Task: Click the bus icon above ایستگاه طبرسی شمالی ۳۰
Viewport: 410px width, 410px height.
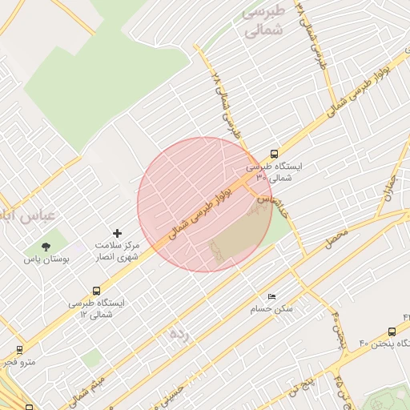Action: pyautogui.click(x=275, y=154)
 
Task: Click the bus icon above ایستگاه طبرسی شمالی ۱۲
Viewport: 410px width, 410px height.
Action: pyautogui.click(x=97, y=291)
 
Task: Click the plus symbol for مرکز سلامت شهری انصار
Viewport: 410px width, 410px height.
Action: pyautogui.click(x=118, y=233)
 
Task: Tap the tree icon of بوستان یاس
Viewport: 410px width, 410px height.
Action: pyautogui.click(x=45, y=245)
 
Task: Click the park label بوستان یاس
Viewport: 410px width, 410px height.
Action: pyautogui.click(x=45, y=259)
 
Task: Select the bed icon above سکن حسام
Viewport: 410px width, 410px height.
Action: pyautogui.click(x=271, y=295)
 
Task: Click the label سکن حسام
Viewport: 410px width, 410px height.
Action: pyautogui.click(x=272, y=308)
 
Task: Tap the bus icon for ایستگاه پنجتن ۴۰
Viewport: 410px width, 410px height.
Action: pyautogui.click(x=392, y=331)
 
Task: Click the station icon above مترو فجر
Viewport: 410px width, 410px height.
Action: pyautogui.click(x=19, y=350)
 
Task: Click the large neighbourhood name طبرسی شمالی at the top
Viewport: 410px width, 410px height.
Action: pyautogui.click(x=263, y=22)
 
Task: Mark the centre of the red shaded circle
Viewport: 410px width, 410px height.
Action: pyautogui.click(x=205, y=204)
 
